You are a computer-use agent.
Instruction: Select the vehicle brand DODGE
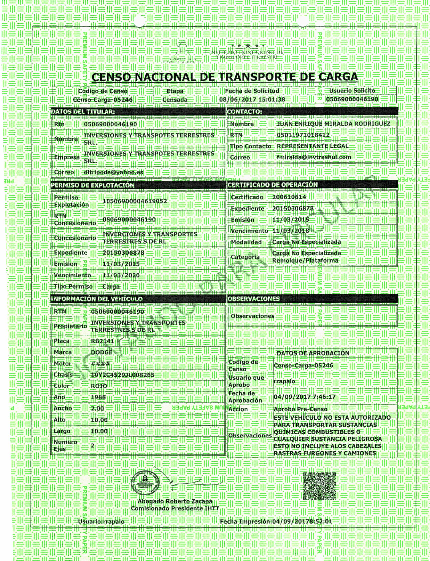pyautogui.click(x=102, y=352)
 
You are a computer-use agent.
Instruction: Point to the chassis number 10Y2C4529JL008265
pyautogui.click(x=123, y=375)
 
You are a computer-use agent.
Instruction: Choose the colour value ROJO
pyautogui.click(x=99, y=386)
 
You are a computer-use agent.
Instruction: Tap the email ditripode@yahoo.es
pyautogui.click(x=113, y=172)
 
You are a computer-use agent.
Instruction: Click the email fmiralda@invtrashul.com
pyautogui.click(x=314, y=157)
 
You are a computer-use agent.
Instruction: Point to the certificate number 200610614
pyautogui.click(x=289, y=197)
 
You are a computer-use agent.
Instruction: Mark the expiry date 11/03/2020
pyautogui.click(x=121, y=275)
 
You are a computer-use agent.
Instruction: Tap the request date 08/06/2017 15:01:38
pyautogui.click(x=252, y=99)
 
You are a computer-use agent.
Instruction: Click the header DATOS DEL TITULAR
pyautogui.click(x=83, y=112)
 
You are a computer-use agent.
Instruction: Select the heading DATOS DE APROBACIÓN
pyautogui.click(x=313, y=353)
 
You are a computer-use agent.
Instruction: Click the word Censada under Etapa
pyautogui.click(x=175, y=100)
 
